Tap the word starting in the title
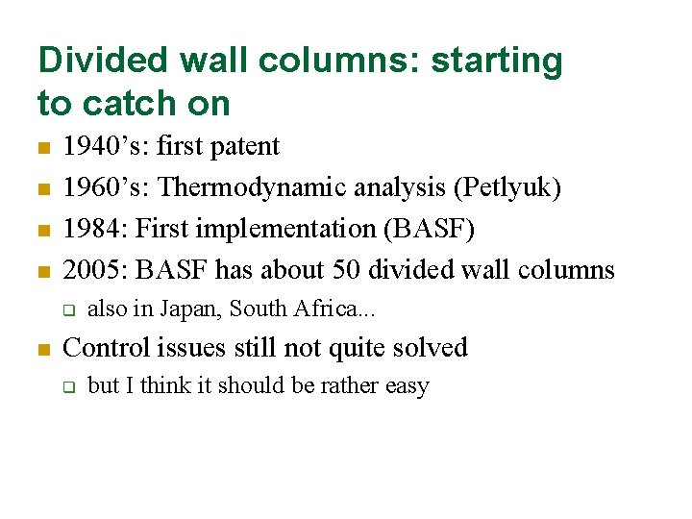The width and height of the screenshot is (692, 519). coord(497,61)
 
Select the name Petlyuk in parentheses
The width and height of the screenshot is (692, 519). coord(508,187)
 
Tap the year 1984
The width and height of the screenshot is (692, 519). coord(92,229)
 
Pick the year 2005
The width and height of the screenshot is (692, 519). coord(92,270)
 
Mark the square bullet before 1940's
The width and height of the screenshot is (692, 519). coord(42,148)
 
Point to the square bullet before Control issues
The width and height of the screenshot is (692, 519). coord(42,349)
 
